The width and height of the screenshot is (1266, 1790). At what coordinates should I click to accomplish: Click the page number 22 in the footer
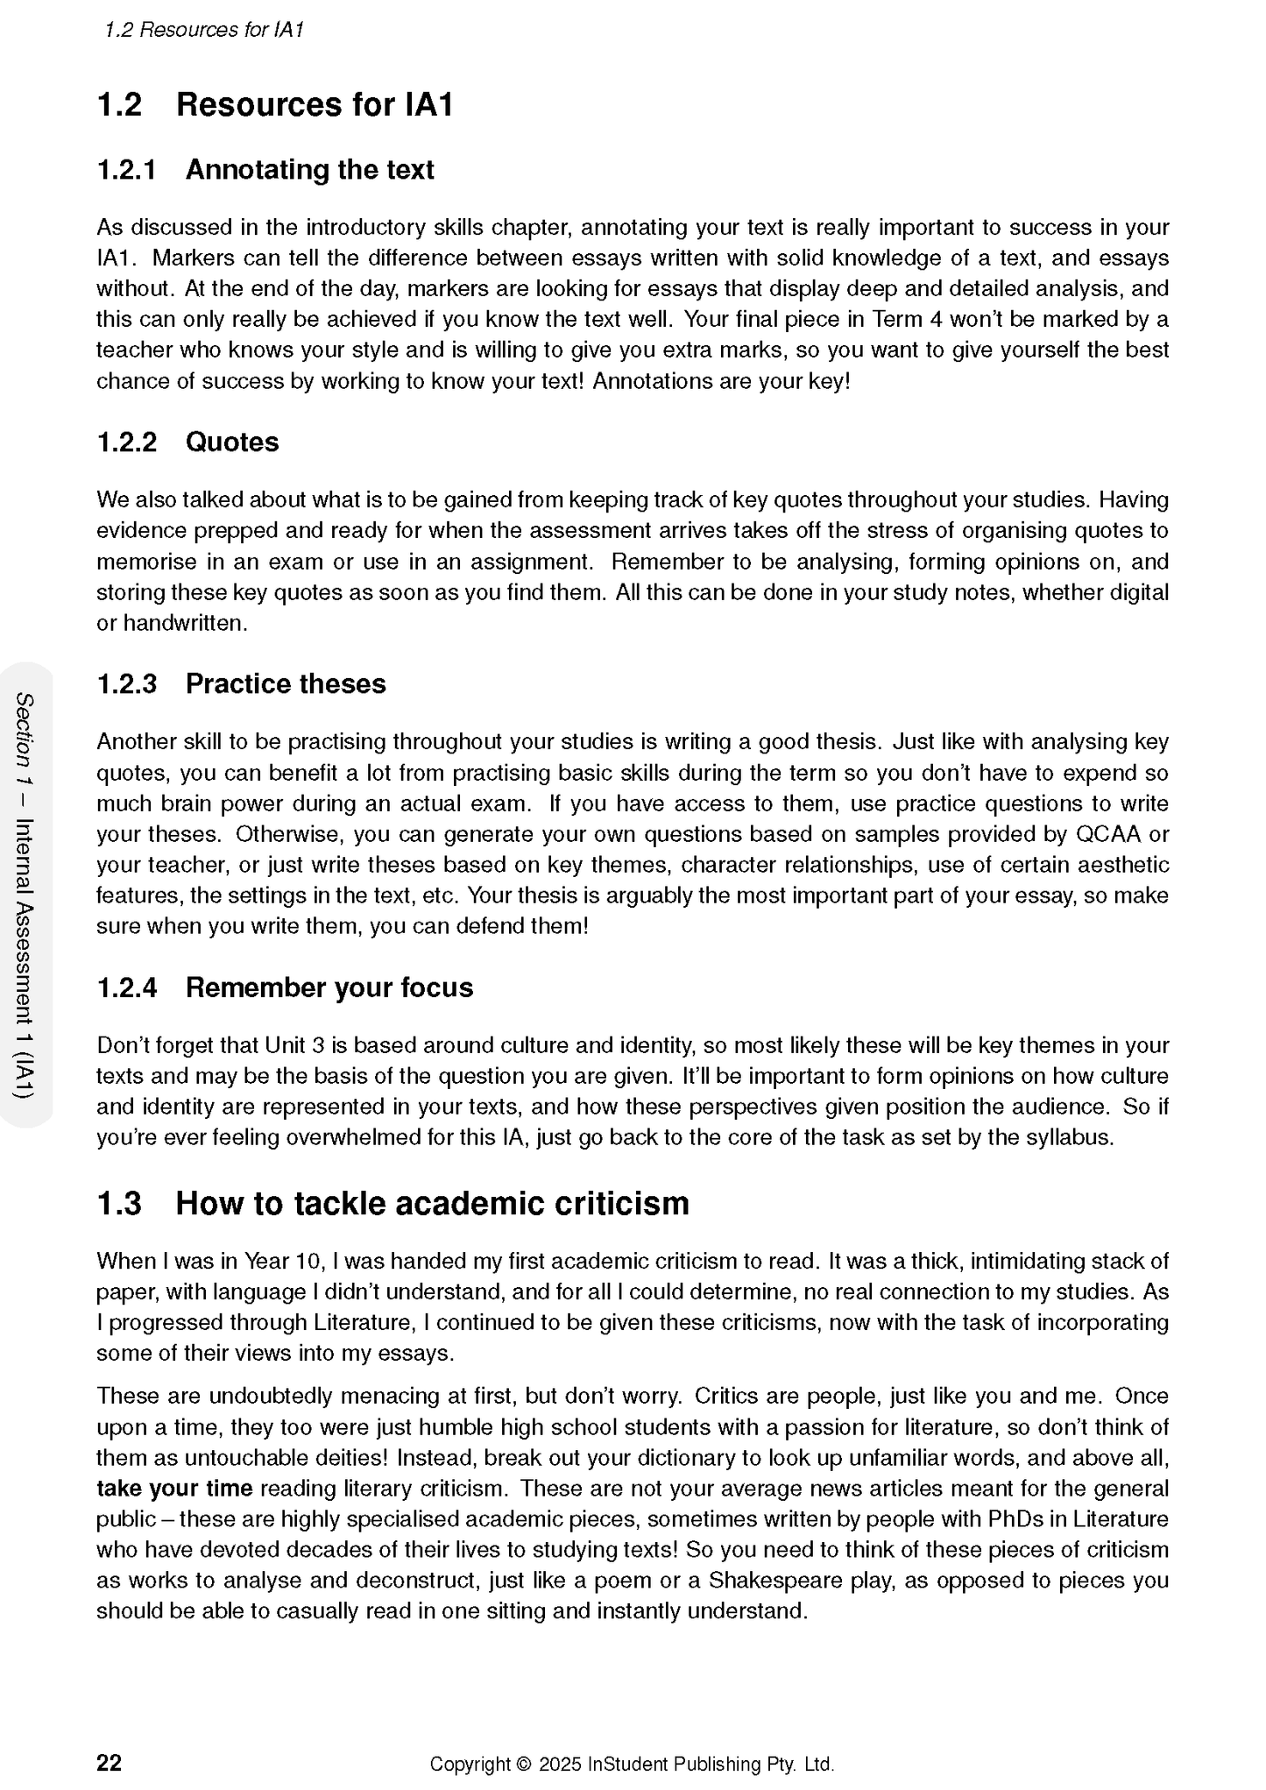click(109, 1763)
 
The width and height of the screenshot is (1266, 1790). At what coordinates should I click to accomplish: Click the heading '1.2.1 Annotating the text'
click(265, 169)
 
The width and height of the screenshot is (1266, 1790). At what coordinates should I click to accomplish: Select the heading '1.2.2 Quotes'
click(187, 442)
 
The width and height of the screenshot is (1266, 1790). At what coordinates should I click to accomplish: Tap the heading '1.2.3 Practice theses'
click(241, 683)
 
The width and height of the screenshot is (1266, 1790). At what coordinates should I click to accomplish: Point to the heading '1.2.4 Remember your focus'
click(285, 987)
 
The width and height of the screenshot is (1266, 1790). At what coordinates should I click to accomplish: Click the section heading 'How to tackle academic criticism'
click(432, 1203)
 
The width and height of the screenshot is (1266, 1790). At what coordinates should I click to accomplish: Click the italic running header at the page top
click(203, 30)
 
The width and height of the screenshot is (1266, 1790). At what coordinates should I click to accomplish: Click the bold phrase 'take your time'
click(174, 1488)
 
